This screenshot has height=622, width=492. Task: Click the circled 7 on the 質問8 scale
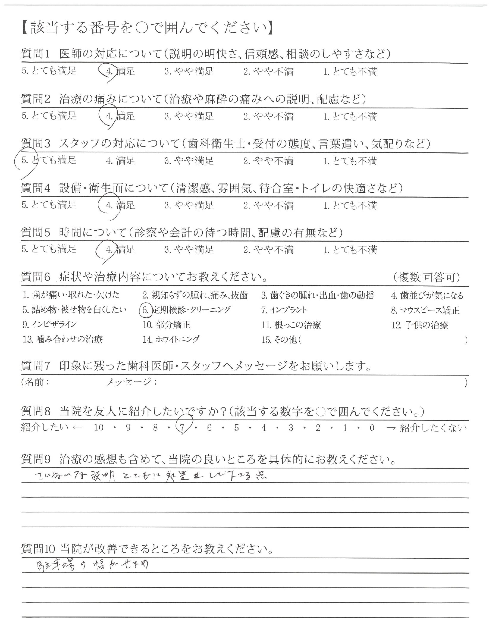(x=182, y=428)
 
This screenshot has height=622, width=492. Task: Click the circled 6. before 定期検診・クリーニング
(x=145, y=310)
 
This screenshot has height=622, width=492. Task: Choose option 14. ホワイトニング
(x=171, y=340)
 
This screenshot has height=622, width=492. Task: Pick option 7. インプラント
(x=284, y=310)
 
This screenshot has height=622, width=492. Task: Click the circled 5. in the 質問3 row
(x=25, y=160)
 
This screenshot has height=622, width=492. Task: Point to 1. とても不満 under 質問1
(x=350, y=71)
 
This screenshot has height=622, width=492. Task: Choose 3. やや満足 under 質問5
(x=189, y=249)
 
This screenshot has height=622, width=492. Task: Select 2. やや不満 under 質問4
(x=268, y=205)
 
